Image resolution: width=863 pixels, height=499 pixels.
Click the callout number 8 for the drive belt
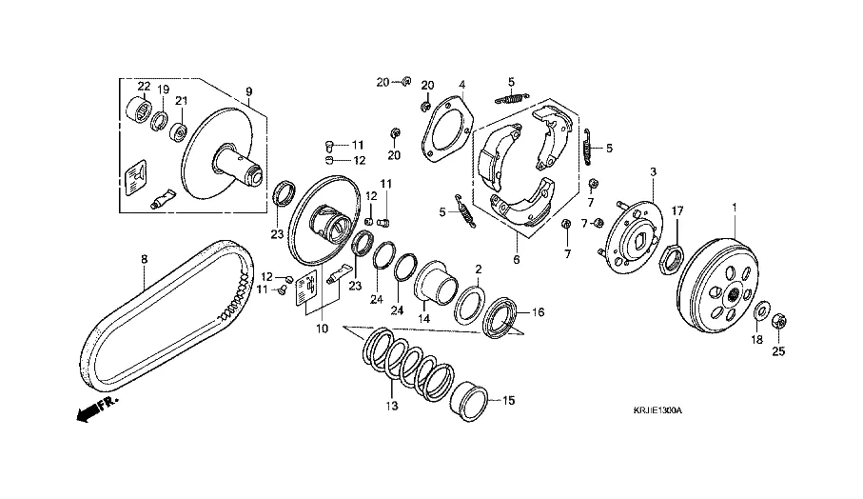(145, 258)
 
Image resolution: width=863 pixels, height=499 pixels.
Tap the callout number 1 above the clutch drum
(734, 207)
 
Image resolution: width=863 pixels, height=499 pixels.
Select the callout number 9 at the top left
(248, 92)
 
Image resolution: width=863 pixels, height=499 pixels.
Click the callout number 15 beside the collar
(508, 401)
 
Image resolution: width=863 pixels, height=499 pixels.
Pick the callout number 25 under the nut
(778, 352)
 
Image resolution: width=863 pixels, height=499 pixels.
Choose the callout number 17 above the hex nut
(678, 210)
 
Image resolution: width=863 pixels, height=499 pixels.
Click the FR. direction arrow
(93, 407)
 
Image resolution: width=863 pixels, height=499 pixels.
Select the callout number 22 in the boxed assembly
(143, 87)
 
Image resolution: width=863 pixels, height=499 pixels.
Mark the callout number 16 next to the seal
(538, 311)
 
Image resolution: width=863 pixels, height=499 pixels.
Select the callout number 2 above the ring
(479, 269)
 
